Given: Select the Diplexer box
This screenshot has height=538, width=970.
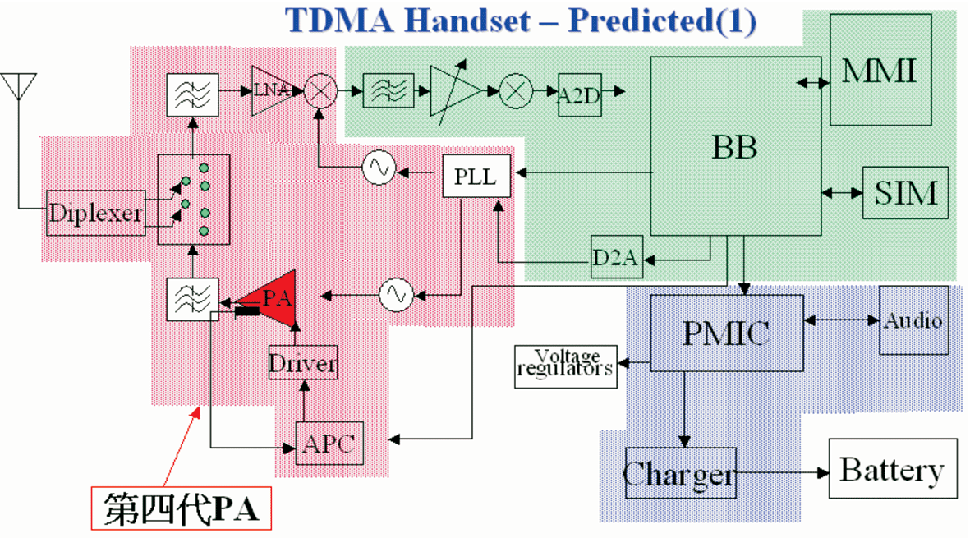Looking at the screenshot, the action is (x=96, y=213).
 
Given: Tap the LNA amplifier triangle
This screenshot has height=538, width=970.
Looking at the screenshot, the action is (x=271, y=90).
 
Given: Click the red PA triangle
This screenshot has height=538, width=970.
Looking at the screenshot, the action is (x=272, y=299).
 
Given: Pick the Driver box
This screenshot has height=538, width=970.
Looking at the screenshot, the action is (x=303, y=363).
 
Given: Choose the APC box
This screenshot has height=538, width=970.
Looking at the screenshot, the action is (x=329, y=443).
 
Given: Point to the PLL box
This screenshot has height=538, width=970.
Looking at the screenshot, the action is (x=476, y=177).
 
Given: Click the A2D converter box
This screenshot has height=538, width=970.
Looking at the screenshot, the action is (x=580, y=94).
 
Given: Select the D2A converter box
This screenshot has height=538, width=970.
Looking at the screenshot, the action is (x=617, y=256).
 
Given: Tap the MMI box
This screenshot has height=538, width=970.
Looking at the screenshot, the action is (x=880, y=70).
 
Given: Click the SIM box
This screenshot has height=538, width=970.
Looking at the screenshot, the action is (x=906, y=192).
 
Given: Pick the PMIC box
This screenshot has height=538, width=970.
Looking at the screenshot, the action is (x=727, y=333).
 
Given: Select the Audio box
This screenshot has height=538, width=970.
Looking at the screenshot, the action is (x=913, y=320).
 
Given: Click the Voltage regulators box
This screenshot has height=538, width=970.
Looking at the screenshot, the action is (x=565, y=366).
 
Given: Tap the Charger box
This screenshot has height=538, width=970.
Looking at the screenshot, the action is (x=681, y=473).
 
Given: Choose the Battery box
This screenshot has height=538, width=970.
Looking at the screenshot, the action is (x=893, y=468).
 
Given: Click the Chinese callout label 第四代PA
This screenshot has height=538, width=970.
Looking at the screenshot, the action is (x=182, y=508).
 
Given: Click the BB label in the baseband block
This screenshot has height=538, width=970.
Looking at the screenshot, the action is (x=735, y=147).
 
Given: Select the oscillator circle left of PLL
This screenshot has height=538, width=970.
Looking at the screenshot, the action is (x=379, y=168).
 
